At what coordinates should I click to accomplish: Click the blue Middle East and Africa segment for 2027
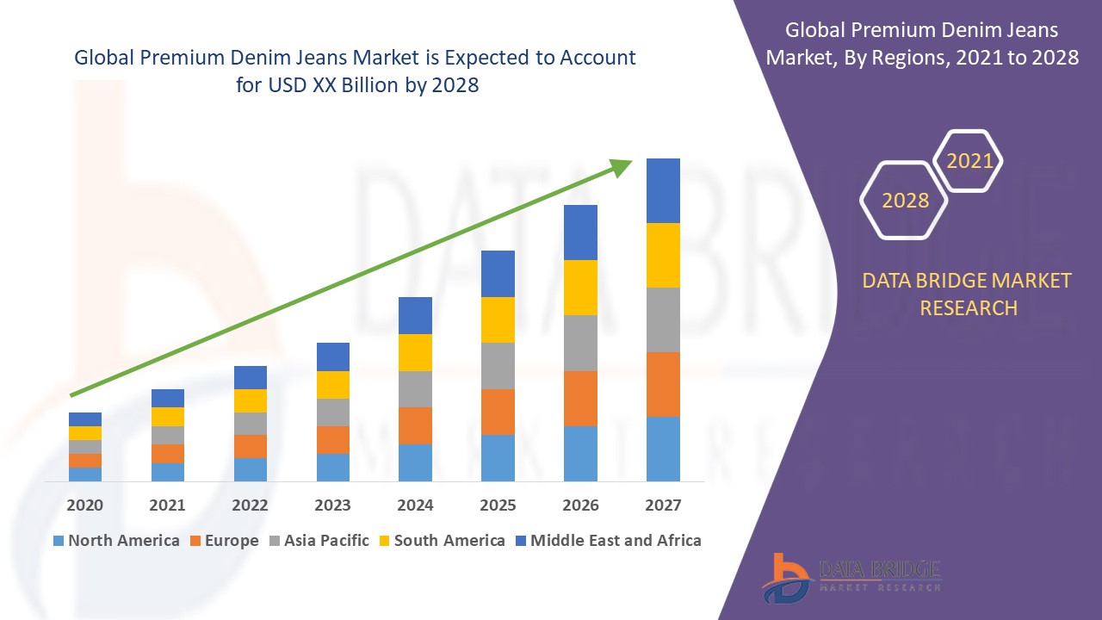(663, 190)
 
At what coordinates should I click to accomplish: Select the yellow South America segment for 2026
(580, 288)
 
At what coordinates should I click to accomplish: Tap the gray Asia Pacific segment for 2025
(498, 366)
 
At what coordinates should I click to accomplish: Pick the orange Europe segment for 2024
(415, 425)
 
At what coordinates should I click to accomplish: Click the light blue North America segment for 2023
(333, 467)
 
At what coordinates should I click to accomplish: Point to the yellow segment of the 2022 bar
(251, 400)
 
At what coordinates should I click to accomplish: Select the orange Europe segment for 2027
(663, 384)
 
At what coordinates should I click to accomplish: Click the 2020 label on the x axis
(84, 505)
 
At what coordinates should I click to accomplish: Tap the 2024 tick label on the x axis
(415, 505)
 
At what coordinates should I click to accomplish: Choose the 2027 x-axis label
(663, 505)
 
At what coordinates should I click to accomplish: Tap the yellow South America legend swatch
(384, 542)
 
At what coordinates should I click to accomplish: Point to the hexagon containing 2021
(969, 161)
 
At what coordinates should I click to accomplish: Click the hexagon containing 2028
(905, 200)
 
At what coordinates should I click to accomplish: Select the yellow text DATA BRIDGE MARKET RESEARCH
(968, 294)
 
